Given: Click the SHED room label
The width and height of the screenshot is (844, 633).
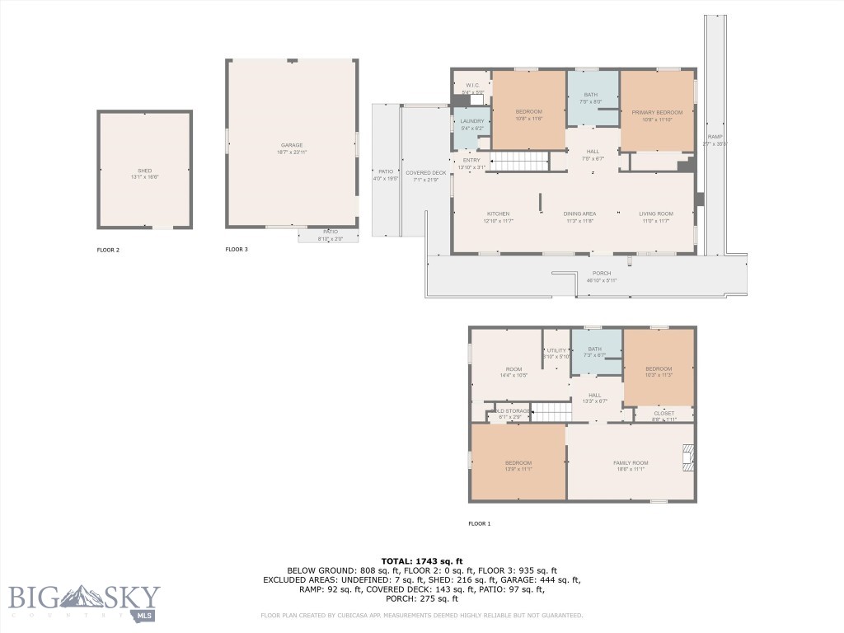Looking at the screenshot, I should tap(144, 171).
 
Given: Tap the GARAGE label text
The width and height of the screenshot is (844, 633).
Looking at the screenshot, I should tap(291, 145).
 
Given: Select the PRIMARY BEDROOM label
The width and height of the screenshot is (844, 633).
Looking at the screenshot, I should tap(657, 112).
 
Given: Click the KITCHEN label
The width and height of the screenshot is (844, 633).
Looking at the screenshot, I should tap(498, 214).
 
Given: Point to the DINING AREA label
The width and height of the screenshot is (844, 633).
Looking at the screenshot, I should tap(579, 214).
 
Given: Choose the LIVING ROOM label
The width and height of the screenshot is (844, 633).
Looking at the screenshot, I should tap(656, 214).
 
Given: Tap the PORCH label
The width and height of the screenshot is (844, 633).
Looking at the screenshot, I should tap(602, 274).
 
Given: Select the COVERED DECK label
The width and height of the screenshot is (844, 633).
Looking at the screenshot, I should tap(425, 173).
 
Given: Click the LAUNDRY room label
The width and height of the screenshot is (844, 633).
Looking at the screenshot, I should tap(471, 121).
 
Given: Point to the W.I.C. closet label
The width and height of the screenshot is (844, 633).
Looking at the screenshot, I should tap(472, 86).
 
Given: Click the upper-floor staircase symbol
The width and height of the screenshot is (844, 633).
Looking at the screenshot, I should tap(519, 161).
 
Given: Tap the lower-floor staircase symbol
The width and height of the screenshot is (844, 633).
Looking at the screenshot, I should tap(549, 412).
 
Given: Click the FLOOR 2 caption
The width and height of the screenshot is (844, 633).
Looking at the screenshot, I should tap(109, 249).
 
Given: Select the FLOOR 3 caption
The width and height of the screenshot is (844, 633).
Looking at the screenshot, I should tap(237, 249).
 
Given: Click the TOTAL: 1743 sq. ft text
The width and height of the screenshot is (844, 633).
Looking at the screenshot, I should tap(421, 560).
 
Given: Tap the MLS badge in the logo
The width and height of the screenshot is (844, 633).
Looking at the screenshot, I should tap(145, 614).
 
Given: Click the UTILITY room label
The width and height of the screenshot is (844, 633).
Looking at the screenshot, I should tap(556, 351).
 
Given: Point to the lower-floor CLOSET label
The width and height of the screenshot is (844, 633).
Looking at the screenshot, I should tap(663, 413).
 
